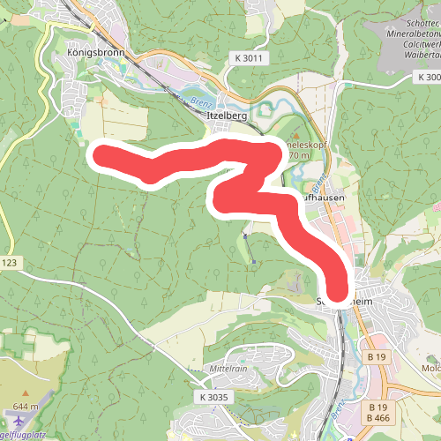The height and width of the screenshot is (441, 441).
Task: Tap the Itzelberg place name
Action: pos(224,116)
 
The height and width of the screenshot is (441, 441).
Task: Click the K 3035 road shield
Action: pos(213,399)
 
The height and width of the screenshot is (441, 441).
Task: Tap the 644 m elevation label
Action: pos(26,407)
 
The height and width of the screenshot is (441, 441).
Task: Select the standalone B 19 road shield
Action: pos(377,356)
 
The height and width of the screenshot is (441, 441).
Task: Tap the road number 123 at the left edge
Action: pos(9,264)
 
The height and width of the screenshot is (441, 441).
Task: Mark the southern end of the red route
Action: pos(339,292)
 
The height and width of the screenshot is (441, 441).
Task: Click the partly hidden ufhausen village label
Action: pos(321,199)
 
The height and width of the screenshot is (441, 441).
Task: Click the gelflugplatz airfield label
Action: pos(22,435)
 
